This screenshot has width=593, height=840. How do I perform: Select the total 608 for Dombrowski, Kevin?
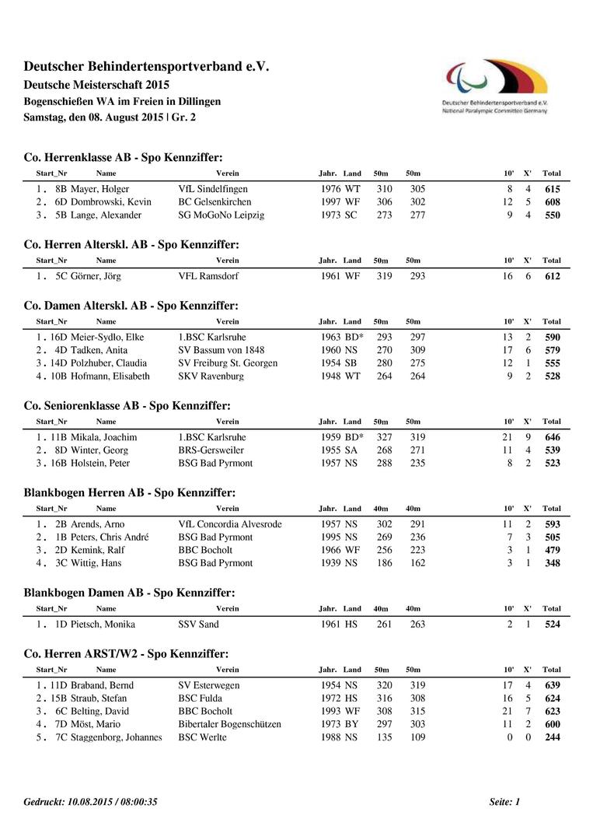552,202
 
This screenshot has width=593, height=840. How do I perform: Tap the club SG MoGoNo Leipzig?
222,215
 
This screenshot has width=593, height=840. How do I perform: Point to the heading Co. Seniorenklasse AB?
127,405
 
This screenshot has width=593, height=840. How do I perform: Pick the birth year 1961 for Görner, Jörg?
330,276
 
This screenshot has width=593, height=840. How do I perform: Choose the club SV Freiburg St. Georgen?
228,363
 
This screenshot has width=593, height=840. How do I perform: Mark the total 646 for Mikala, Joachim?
552,438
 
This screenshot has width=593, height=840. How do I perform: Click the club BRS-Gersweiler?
211,450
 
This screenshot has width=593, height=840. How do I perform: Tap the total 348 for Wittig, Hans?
552,563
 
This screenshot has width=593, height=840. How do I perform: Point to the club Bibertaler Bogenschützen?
230,724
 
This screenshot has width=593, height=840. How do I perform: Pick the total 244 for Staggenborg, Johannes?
552,737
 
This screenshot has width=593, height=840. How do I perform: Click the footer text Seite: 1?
504,802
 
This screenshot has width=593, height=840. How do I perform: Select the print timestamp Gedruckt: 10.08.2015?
90,802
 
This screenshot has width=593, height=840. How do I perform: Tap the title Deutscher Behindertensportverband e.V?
146,68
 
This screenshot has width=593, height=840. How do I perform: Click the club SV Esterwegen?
209,686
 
